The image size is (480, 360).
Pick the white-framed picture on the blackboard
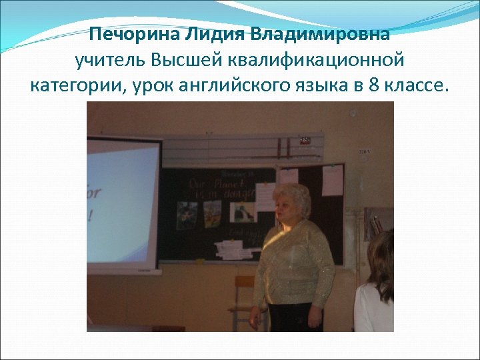coord(243,212)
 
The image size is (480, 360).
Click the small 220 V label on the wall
coord(365,152)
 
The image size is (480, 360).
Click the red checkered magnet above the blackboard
coord(305,140)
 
